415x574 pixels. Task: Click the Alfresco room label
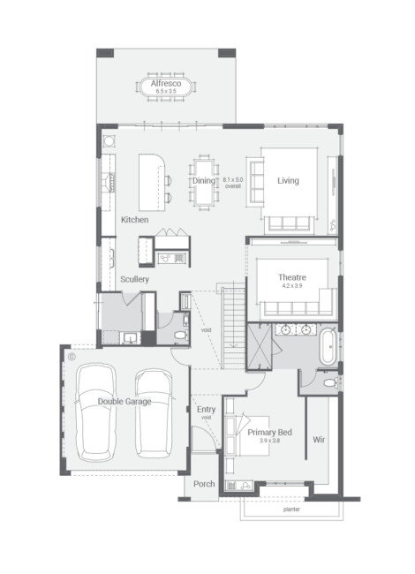(x=166, y=83)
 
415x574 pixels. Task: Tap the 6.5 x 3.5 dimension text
(x=166, y=91)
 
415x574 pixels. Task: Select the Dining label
(x=204, y=180)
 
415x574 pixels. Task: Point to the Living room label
(x=288, y=180)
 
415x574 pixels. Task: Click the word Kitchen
(x=135, y=220)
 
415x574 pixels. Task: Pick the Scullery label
(x=135, y=279)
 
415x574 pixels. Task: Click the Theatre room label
(x=292, y=277)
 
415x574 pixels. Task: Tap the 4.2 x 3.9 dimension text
(x=292, y=285)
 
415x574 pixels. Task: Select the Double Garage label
(x=124, y=402)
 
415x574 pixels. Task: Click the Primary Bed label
(x=269, y=433)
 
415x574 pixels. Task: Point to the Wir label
(x=319, y=440)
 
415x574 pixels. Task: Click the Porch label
(x=204, y=484)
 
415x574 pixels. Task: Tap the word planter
(x=291, y=510)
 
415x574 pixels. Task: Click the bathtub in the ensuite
(x=328, y=346)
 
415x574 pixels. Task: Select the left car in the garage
(x=96, y=412)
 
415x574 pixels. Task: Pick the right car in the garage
(x=154, y=413)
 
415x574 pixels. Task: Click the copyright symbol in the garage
(x=72, y=356)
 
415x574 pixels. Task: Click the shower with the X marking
(x=260, y=347)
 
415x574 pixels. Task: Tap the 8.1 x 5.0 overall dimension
(x=233, y=183)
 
